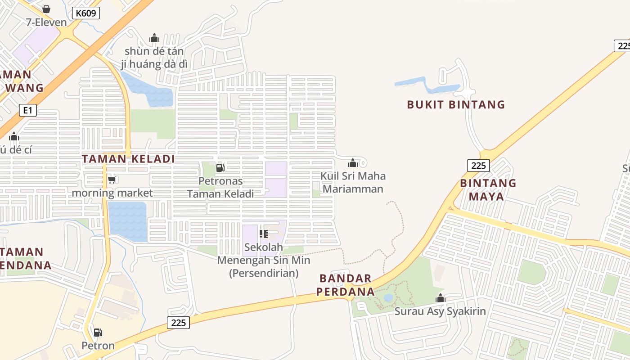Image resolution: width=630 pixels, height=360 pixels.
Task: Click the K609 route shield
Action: [85, 13]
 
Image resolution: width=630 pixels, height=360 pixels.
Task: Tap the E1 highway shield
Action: [28, 110]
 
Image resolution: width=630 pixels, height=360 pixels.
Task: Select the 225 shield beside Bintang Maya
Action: [478, 166]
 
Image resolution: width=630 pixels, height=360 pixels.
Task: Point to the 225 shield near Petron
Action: [179, 323]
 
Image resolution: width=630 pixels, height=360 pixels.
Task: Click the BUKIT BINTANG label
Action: [456, 105]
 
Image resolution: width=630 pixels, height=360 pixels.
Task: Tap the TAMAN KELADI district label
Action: [128, 159]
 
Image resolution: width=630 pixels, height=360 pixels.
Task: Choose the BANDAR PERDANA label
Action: [346, 285]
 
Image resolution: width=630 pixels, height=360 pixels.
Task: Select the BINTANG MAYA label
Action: [488, 190]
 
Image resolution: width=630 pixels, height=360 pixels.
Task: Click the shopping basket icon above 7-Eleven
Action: [46, 9]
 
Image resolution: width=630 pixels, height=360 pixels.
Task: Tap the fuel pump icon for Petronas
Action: [220, 168]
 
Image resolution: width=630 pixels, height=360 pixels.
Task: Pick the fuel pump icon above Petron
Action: [98, 333]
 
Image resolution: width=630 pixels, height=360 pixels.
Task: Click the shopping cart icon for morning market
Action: [112, 180]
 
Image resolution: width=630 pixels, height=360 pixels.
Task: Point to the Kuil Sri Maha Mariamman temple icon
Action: [353, 163]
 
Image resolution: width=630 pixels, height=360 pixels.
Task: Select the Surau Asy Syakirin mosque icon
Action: [441, 298]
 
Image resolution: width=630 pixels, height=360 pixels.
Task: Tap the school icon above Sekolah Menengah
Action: [264, 234]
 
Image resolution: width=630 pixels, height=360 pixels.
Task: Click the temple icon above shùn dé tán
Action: [154, 38]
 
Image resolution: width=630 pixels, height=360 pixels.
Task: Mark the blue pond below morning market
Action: [127, 221]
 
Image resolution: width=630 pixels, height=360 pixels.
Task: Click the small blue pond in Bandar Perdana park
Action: [388, 298]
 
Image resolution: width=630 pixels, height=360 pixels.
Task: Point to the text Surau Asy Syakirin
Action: [440, 311]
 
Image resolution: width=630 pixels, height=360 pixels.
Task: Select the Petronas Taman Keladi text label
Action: [220, 188]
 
